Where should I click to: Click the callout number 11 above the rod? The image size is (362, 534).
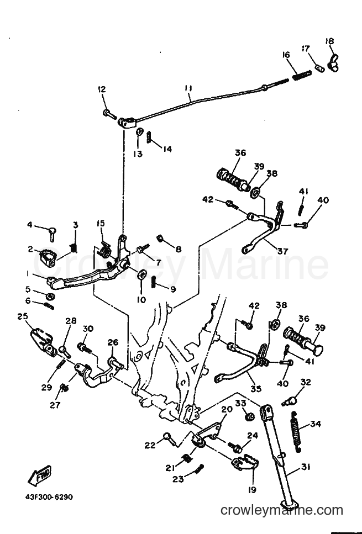188,88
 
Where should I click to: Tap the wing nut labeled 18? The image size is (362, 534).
333,62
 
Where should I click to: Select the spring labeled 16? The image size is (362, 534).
302,75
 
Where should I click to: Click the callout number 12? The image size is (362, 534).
102,89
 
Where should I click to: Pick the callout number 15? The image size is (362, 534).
101,224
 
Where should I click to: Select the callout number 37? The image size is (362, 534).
282,251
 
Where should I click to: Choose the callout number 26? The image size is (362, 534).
113,342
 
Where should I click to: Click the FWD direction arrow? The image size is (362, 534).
40,475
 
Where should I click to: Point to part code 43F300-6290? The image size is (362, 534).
49,497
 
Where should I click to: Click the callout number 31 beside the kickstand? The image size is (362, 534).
306,467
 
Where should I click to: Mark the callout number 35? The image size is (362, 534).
256,388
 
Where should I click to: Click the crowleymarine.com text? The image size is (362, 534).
281,510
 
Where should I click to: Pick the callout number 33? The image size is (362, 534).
240,403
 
